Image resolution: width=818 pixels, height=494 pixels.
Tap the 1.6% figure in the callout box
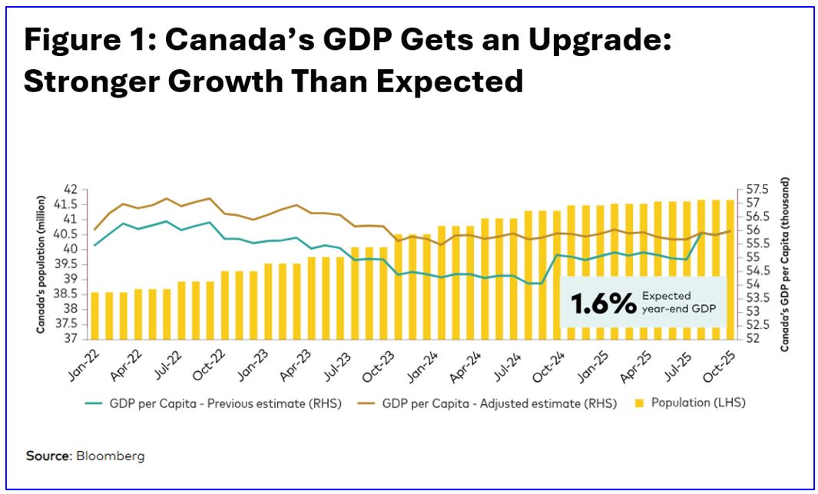(x=599, y=303)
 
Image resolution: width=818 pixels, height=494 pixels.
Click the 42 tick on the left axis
(x=71, y=189)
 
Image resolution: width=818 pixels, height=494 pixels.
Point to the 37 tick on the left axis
(x=71, y=339)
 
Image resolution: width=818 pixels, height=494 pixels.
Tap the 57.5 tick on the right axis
(x=750, y=189)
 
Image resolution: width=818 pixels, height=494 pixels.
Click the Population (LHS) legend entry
(x=698, y=403)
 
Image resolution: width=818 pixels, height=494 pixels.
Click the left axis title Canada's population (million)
(x=41, y=264)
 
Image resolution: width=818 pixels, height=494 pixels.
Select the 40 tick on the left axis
(x=71, y=249)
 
